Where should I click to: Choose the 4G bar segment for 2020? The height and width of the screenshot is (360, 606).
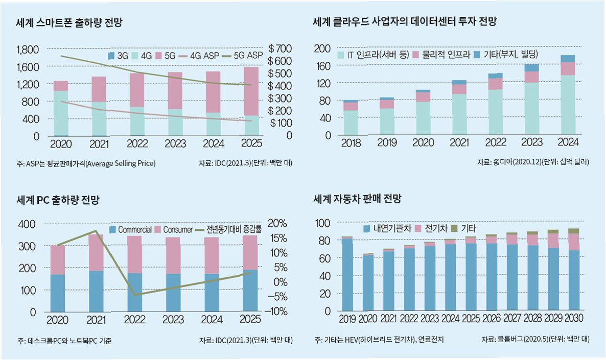tap(61, 113)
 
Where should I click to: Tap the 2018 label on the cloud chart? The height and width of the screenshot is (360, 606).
tap(351, 143)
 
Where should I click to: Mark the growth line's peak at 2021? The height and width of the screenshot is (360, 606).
tap(96, 231)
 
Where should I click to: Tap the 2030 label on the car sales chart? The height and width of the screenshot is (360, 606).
tap(574, 319)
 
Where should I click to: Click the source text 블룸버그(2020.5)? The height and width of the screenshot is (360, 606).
tap(525, 340)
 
